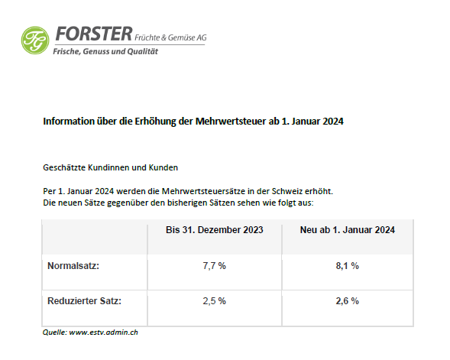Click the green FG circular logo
point(35,41)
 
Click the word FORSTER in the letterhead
point(94,34)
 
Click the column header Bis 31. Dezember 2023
point(215,230)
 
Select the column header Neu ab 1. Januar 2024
point(348,230)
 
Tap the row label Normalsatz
point(73,266)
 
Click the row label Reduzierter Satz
point(84,301)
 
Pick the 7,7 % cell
point(215,266)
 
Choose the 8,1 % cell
point(348,266)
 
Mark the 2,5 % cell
point(215,301)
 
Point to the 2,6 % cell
point(348,301)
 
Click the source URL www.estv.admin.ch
point(104,332)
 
